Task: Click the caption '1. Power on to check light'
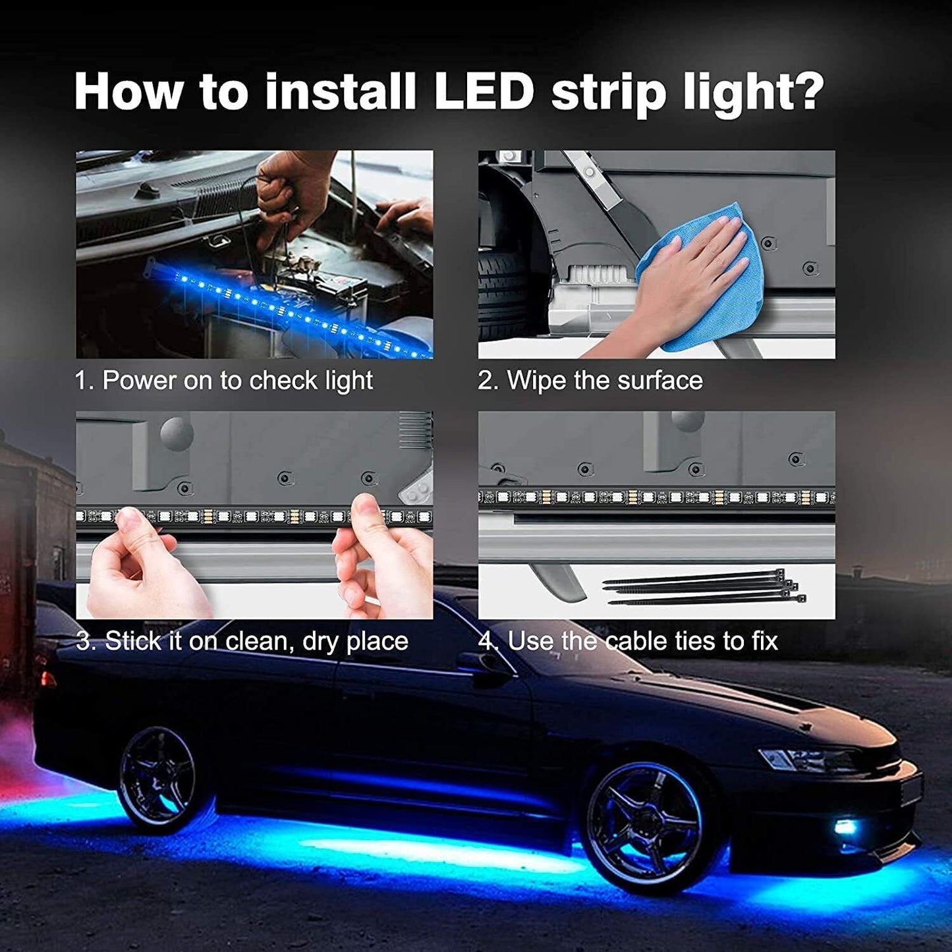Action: (x=223, y=381)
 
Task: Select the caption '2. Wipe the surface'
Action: (x=590, y=381)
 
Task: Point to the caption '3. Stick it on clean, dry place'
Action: (x=242, y=641)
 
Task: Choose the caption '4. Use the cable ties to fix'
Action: (x=628, y=641)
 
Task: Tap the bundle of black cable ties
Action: (x=705, y=588)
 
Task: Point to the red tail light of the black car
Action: (x=47, y=679)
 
